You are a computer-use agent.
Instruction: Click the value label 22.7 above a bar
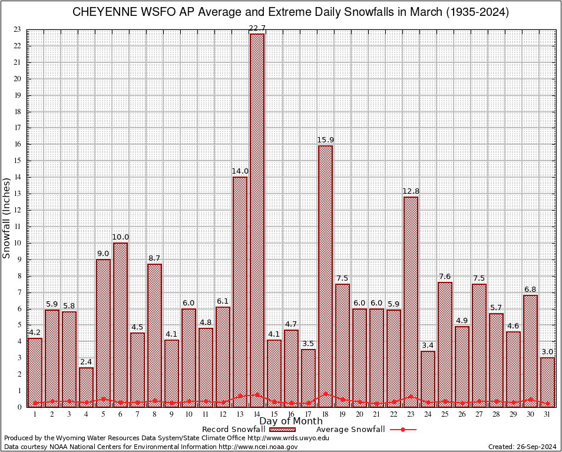point(257,28)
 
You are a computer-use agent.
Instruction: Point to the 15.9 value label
point(325,139)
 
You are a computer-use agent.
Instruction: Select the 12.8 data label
point(411,191)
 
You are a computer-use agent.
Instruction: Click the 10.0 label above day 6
point(120,237)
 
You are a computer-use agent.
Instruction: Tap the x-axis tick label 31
point(547,414)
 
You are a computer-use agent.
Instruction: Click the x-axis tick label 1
point(35,414)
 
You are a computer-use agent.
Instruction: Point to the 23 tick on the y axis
point(17,29)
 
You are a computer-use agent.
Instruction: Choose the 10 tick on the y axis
point(17,243)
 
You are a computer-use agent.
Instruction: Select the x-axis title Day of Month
point(291,421)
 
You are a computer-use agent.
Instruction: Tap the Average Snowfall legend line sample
point(402,430)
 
